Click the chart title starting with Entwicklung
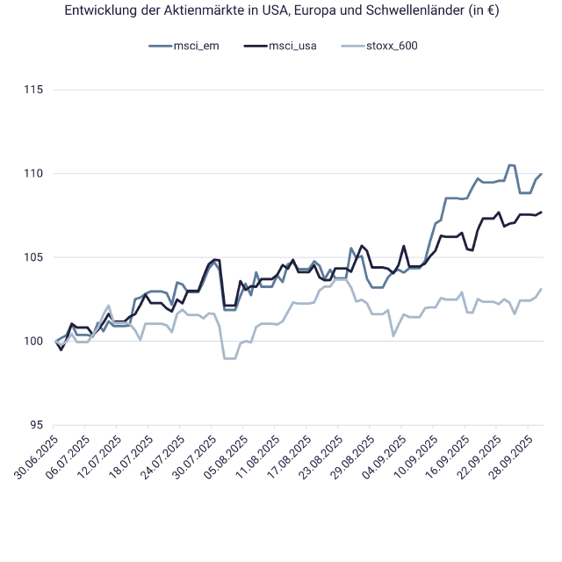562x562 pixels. (x=281, y=11)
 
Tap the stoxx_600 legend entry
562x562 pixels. (x=392, y=46)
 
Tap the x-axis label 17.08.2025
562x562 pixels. (x=289, y=455)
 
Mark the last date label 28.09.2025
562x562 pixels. (x=509, y=455)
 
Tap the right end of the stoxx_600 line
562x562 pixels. (x=542, y=289)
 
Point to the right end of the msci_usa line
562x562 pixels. (x=542, y=212)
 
